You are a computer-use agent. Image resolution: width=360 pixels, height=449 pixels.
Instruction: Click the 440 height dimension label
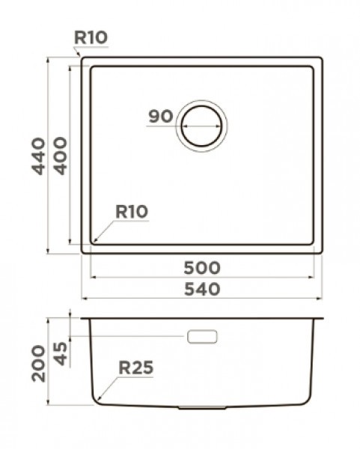[x=38, y=156]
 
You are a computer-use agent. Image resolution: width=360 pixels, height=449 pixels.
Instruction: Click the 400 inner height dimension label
[x=61, y=156]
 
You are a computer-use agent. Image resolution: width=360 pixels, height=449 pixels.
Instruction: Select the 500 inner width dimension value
[x=202, y=268]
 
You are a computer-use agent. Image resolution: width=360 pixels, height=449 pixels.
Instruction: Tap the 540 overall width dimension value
[x=202, y=289]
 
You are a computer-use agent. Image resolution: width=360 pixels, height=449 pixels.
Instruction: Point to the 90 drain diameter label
[x=161, y=116]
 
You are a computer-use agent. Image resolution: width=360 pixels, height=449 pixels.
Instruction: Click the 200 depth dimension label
[x=38, y=364]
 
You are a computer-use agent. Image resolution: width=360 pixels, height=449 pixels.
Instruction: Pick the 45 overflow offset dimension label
[x=61, y=354]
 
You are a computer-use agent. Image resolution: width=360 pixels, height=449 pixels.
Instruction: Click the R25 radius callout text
[x=135, y=367]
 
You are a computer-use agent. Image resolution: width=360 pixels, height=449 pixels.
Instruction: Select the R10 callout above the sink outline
[x=91, y=37]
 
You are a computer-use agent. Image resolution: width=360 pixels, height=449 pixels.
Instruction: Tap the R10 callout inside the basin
[x=132, y=212]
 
